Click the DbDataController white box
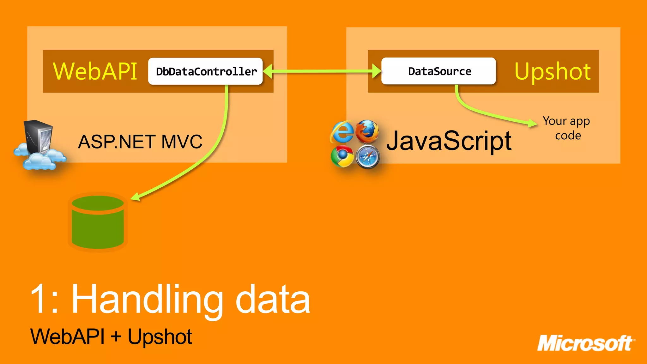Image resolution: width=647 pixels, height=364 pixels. pyautogui.click(x=205, y=71)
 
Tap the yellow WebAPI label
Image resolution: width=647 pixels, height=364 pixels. pyautogui.click(x=95, y=71)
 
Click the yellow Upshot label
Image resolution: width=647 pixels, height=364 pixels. pyautogui.click(x=552, y=71)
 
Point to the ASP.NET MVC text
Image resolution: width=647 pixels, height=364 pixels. pyautogui.click(x=140, y=142)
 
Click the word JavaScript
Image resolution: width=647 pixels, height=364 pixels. pyautogui.click(x=449, y=141)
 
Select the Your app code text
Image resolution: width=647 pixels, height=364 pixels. pyautogui.click(x=567, y=128)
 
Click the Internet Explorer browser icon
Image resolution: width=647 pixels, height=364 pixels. pyautogui.click(x=342, y=131)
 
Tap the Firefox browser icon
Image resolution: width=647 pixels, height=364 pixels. pyautogui.click(x=367, y=131)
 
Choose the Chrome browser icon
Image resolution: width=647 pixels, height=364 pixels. pyautogui.click(x=342, y=156)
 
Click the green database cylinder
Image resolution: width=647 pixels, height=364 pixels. pyautogui.click(x=98, y=222)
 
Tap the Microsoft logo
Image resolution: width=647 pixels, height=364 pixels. pyautogui.click(x=586, y=343)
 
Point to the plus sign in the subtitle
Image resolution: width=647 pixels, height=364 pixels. pyautogui.click(x=116, y=336)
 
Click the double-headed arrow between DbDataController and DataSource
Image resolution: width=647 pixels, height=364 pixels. pyautogui.click(x=322, y=71)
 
